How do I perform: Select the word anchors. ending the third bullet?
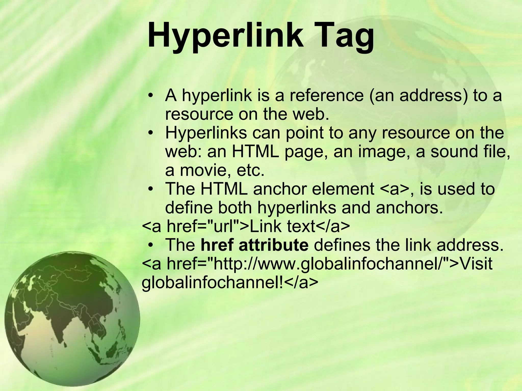[x=409, y=208]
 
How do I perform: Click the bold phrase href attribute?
[x=255, y=245]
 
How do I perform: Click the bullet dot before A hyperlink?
[x=151, y=96]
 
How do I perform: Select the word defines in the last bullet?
[x=342, y=245]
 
